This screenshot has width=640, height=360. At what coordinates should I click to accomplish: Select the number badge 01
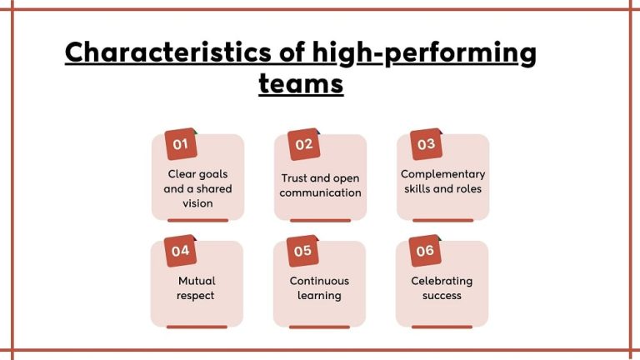point(179,144)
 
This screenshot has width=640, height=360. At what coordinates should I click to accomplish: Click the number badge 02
point(303,144)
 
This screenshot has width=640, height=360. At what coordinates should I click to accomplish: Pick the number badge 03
point(426,144)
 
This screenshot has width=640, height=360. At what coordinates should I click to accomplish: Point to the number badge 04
point(180,250)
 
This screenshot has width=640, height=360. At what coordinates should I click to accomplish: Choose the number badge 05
point(302,250)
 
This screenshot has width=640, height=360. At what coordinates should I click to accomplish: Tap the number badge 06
point(425,250)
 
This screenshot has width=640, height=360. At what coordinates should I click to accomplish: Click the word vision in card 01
point(197,203)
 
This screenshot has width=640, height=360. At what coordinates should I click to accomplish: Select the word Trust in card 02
point(296,178)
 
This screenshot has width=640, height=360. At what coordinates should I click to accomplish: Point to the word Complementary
point(442,174)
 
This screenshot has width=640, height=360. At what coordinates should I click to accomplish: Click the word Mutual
point(197,281)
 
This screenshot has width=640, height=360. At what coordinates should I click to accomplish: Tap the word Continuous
point(319,281)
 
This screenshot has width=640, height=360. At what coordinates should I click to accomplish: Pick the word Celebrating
point(442,281)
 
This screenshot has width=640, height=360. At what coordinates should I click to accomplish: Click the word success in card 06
point(442,295)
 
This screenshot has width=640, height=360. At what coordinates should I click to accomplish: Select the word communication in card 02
point(320,192)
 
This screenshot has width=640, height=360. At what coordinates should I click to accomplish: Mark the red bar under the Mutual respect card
point(197,327)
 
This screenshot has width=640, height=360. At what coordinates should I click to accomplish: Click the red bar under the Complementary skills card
point(442,221)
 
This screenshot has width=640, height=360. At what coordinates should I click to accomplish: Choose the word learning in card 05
point(319,295)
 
